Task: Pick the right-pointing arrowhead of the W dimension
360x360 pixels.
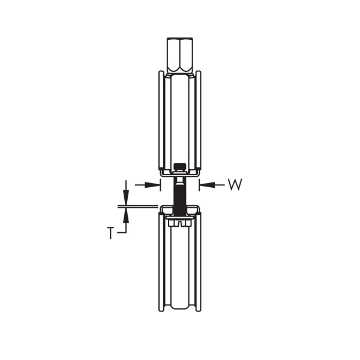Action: (155, 185)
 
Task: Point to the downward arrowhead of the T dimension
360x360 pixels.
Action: (126, 199)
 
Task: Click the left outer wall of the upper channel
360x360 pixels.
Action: (160, 120)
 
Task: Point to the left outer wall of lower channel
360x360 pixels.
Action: (160, 264)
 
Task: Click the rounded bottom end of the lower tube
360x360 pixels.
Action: (179, 308)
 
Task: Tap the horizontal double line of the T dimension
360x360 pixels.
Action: (141, 206)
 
